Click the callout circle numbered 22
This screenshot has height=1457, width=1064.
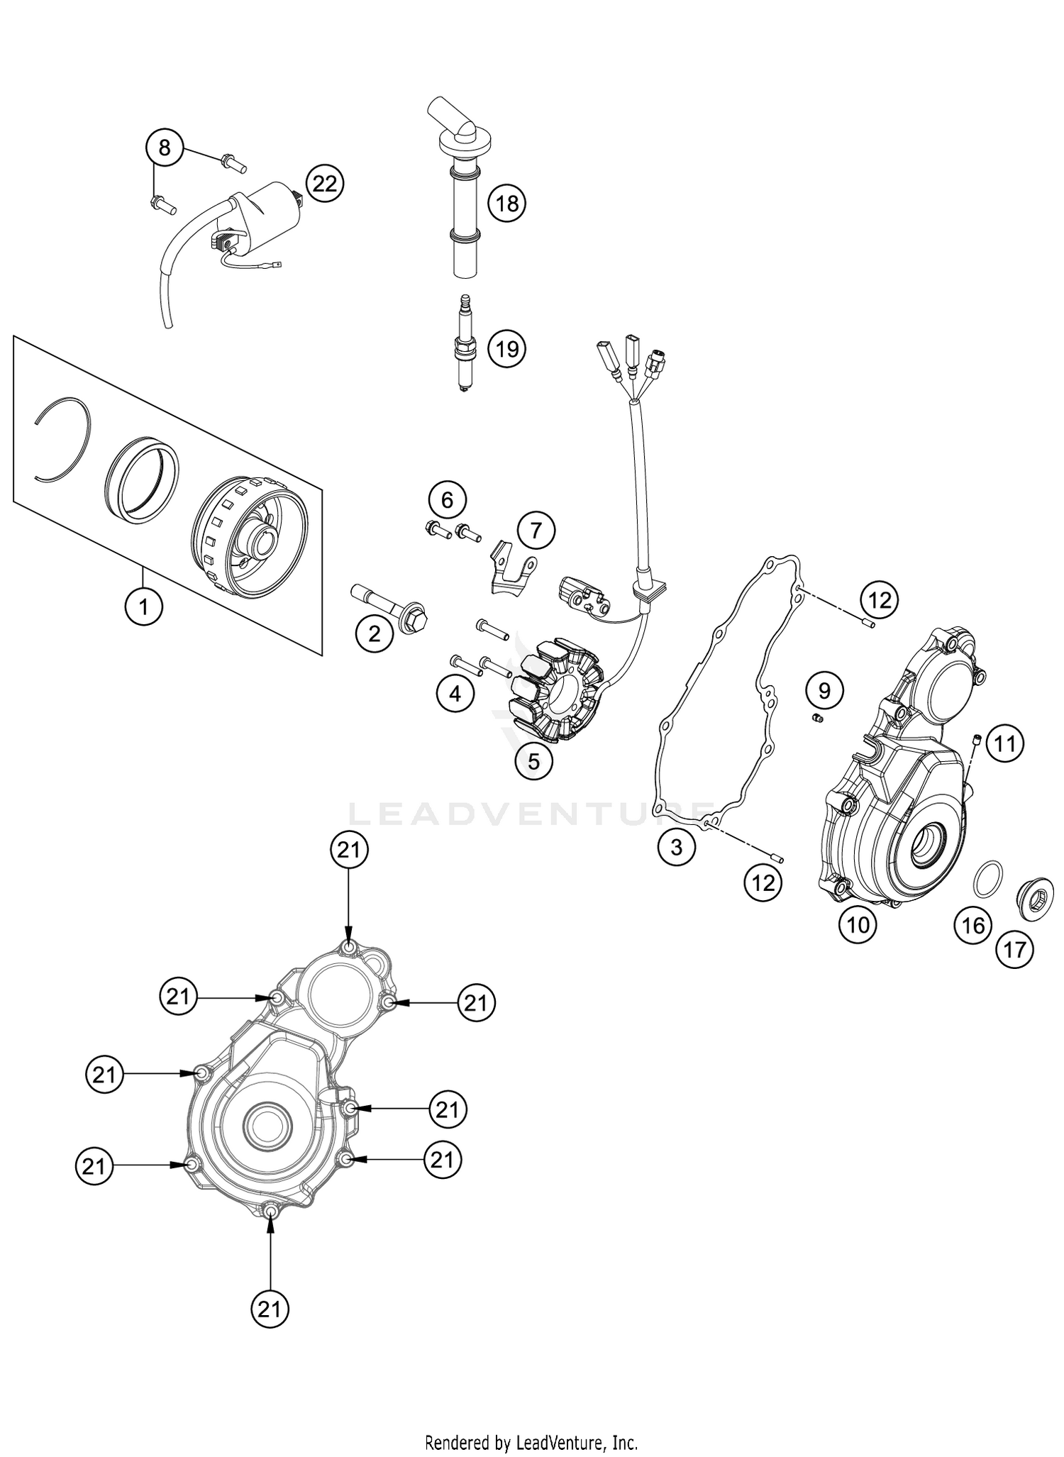[x=324, y=184]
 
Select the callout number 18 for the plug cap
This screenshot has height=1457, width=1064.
[x=507, y=204]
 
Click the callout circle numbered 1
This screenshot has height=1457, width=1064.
[x=144, y=606]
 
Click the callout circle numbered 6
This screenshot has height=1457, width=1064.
[x=448, y=500]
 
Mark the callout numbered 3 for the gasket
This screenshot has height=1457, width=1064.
[x=676, y=846]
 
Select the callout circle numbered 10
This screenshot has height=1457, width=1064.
[x=858, y=924]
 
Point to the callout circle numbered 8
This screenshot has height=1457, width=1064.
[x=165, y=148]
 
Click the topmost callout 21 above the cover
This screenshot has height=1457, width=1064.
[x=349, y=851]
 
